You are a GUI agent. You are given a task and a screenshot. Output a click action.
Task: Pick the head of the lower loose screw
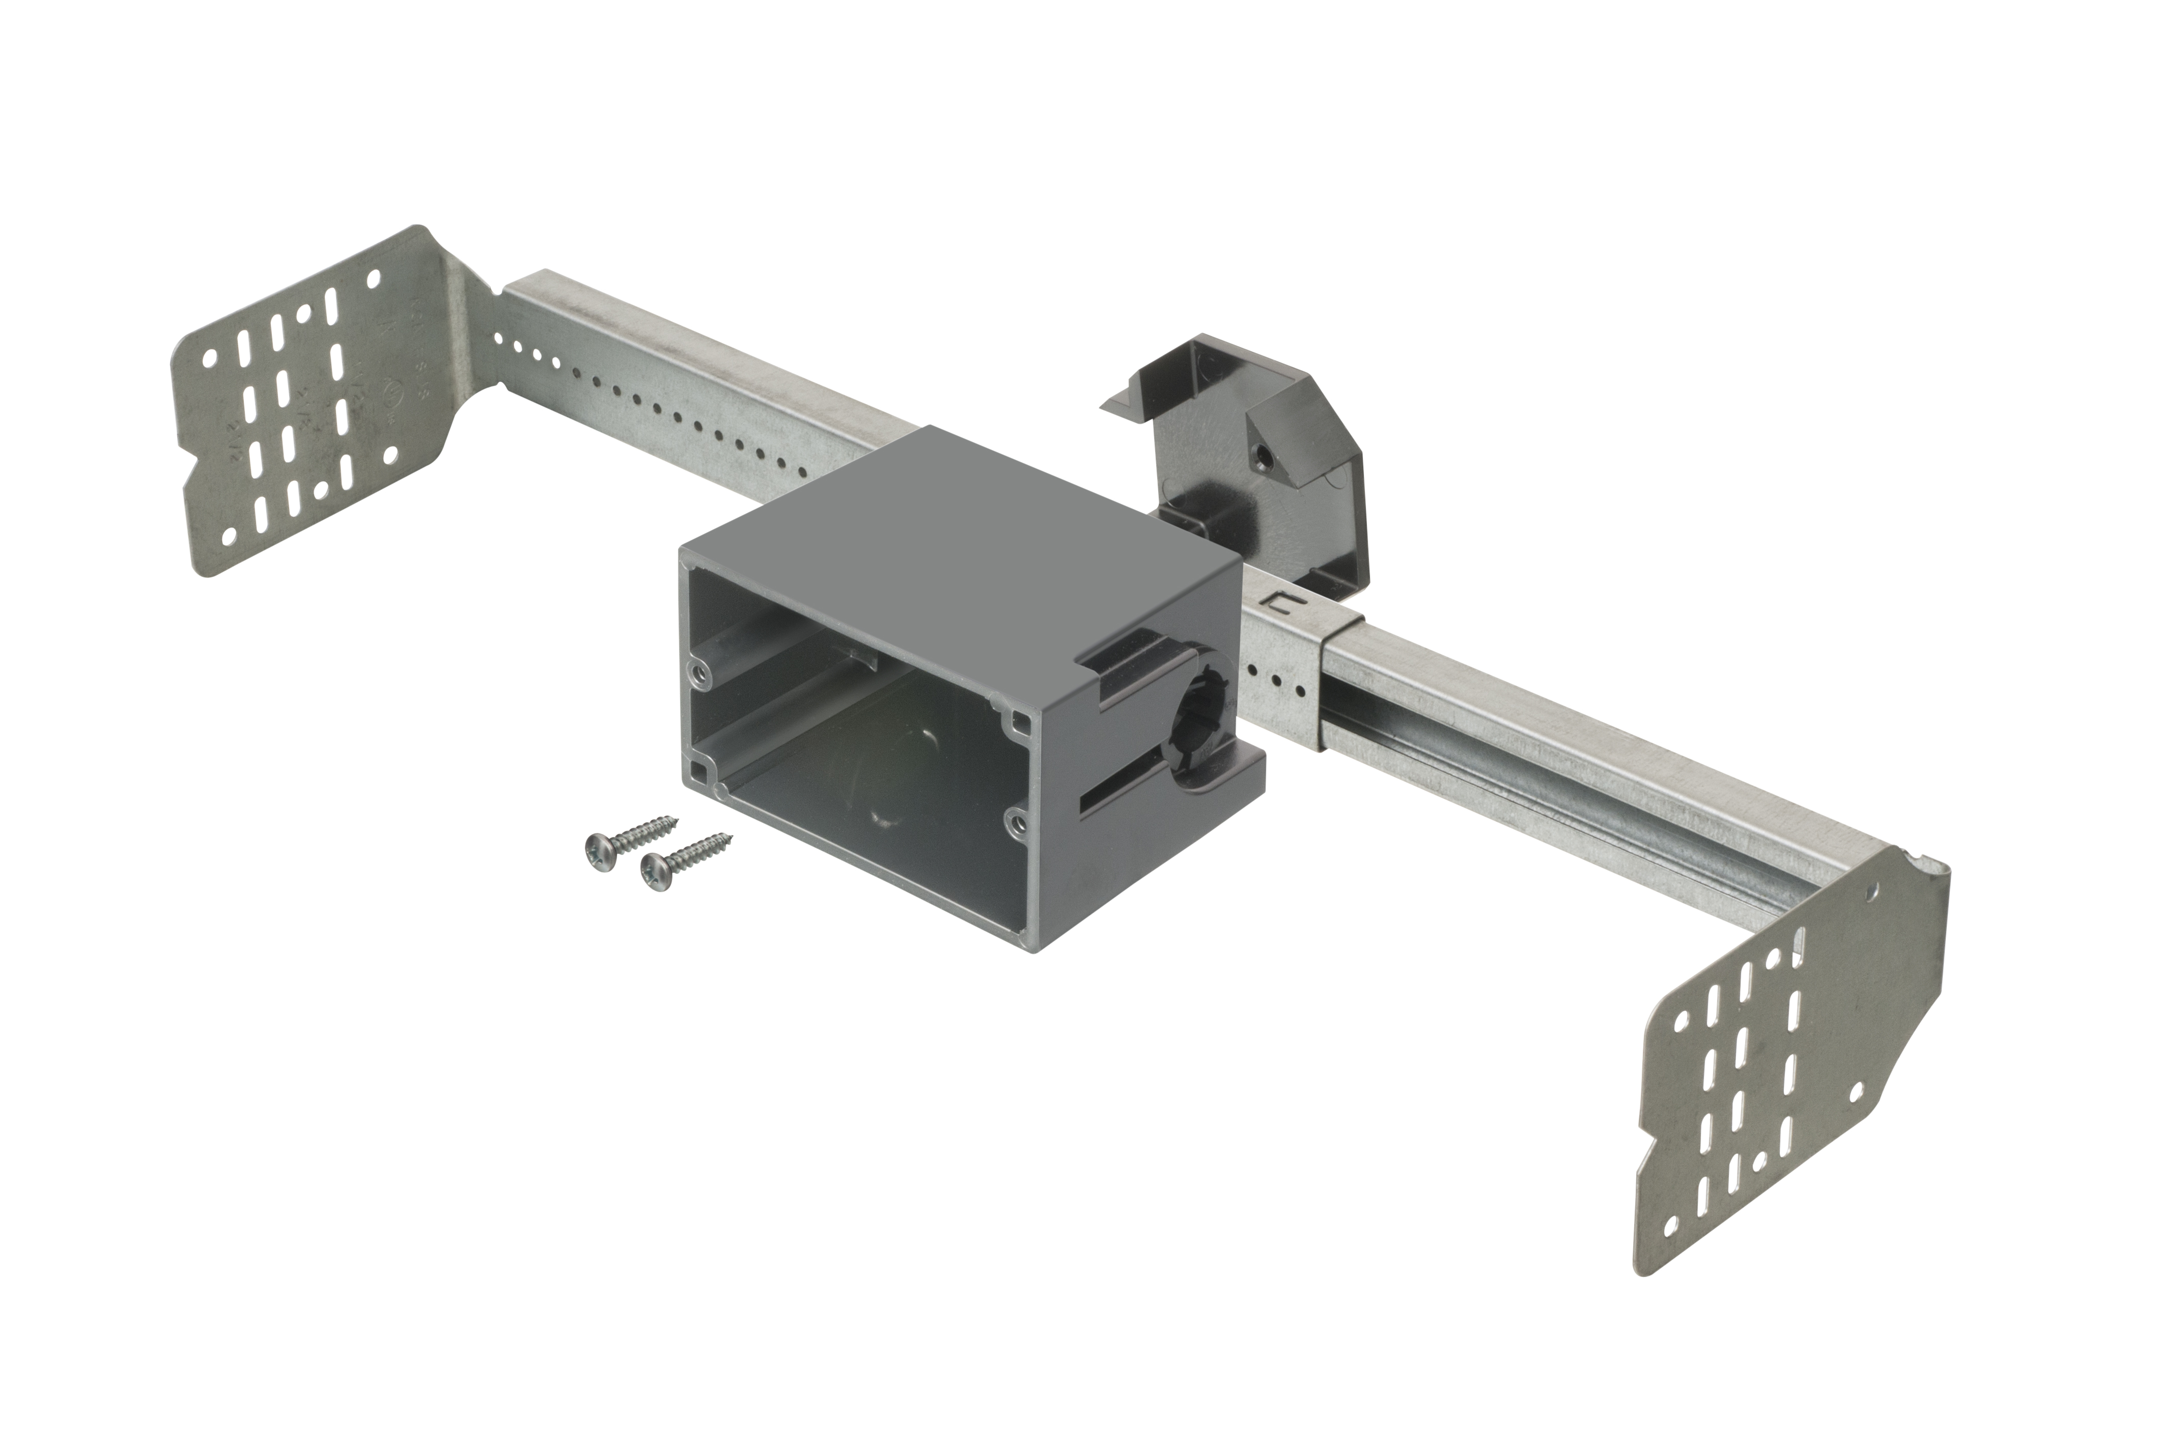tap(653, 869)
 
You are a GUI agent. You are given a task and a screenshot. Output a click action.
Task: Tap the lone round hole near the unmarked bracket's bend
tap(1873, 894)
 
